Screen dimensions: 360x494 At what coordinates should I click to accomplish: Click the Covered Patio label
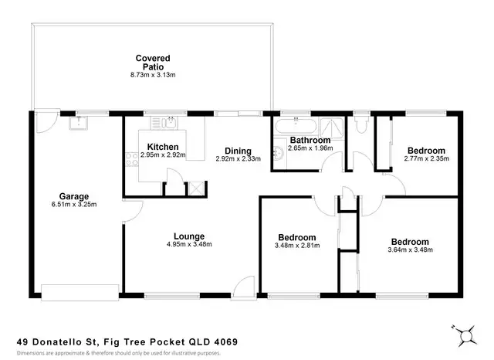coord(153,59)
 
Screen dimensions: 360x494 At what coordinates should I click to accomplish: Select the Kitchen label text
coord(163,147)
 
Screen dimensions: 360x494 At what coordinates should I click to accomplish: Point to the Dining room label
coord(238,151)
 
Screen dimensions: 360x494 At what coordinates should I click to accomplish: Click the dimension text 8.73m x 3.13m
coord(153,75)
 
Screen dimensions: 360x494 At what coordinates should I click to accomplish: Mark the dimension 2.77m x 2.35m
coord(426,159)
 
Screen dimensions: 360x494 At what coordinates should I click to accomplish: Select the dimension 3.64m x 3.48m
coord(411,250)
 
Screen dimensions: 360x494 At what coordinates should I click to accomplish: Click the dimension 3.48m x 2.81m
coord(296,246)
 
